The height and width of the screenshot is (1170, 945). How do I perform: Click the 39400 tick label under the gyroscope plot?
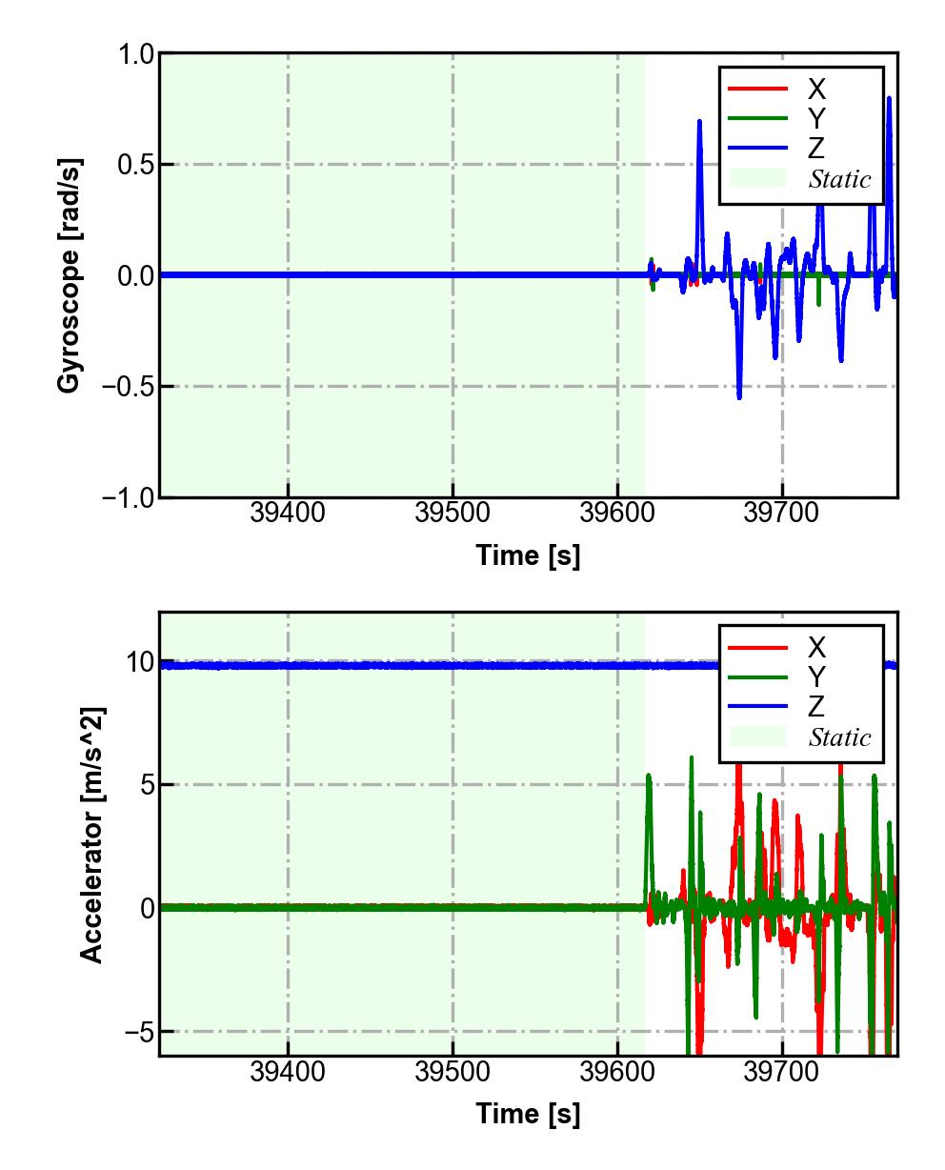pos(288,514)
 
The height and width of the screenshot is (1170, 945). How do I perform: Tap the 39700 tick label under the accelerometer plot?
pos(782,1072)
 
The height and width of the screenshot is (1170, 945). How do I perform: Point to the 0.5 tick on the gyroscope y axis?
pos(135,165)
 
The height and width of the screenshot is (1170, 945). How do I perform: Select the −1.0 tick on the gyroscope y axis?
pos(128,497)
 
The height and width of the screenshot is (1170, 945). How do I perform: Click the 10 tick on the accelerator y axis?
pos(140,662)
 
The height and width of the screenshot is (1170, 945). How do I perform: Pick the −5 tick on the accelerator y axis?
pos(135,1032)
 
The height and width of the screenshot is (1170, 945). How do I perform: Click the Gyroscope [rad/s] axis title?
pos(69,275)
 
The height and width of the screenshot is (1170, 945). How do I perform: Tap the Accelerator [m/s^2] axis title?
pos(91,834)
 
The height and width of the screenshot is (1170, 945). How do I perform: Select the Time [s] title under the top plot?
pos(528,555)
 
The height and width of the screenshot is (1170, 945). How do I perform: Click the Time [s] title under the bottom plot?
pos(528,1113)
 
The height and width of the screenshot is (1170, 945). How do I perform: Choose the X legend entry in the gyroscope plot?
pos(816,90)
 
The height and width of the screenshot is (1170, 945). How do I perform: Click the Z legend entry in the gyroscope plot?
pos(816,149)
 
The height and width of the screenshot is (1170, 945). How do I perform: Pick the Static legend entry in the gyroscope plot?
pos(839,179)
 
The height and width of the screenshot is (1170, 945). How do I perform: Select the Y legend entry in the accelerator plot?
pos(816,677)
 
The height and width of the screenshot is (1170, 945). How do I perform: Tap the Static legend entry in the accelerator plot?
pos(839,737)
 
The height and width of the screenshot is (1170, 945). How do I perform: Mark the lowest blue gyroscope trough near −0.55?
pos(739,396)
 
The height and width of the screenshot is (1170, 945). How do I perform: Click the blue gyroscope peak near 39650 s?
pos(699,122)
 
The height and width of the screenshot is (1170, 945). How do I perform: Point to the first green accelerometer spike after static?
pos(649,776)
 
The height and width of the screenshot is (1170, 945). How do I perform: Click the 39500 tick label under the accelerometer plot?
pos(452,1072)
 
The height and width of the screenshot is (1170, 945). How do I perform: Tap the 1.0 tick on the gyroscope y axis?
pos(135,54)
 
